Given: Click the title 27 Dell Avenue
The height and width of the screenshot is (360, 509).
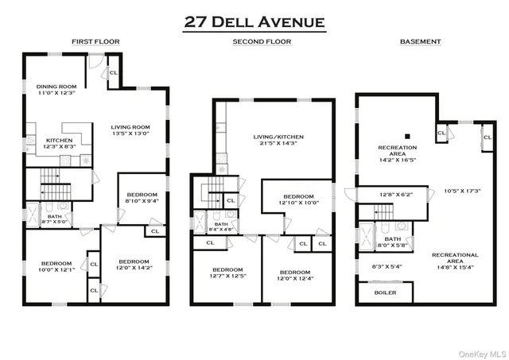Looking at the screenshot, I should click(x=254, y=21).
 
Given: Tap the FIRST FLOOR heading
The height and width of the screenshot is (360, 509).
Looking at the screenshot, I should click(x=95, y=41).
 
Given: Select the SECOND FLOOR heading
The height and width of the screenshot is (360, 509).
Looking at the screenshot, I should click(x=262, y=41).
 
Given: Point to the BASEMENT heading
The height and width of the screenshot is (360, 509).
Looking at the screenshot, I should click(x=421, y=41).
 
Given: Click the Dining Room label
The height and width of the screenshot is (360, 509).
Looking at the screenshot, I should click(x=56, y=90).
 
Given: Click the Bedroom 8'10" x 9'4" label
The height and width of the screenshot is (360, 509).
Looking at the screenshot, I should click(x=142, y=198).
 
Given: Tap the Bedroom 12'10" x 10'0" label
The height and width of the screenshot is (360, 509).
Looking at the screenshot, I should click(x=299, y=199).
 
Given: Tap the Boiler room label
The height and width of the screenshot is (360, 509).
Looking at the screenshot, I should click(x=385, y=292).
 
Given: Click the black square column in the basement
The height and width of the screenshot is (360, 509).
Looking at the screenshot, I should click(x=407, y=134).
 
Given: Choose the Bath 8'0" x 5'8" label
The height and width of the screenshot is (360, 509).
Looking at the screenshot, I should click(x=393, y=242).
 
